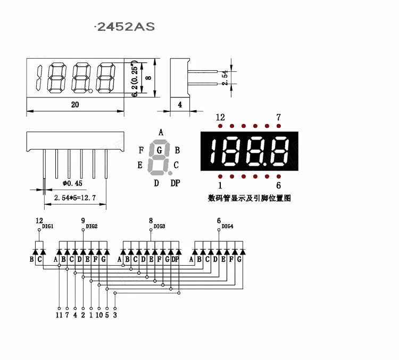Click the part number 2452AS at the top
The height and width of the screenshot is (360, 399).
[x=126, y=26]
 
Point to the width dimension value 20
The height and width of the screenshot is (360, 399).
[x=75, y=105]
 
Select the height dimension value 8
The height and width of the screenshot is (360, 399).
[x=148, y=78]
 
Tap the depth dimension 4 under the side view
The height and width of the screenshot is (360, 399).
[x=180, y=105]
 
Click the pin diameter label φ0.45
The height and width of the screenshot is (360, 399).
[x=72, y=183]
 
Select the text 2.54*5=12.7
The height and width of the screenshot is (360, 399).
[x=74, y=198]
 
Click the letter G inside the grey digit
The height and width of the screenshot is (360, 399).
[x=159, y=150]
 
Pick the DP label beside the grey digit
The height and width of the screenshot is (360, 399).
[x=175, y=183]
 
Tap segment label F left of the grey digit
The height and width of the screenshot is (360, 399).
[x=141, y=150]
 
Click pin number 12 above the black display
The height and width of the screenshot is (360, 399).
[x=220, y=117]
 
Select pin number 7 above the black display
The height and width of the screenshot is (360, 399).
[x=278, y=117]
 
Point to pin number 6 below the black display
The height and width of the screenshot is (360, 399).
[x=278, y=185]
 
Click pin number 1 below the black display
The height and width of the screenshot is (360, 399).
[x=220, y=185]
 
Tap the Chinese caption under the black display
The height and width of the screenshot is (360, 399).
[x=249, y=198]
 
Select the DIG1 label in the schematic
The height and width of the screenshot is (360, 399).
[x=48, y=226]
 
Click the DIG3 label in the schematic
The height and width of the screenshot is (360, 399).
[x=160, y=226]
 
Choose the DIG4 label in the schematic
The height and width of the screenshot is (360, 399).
[x=227, y=226]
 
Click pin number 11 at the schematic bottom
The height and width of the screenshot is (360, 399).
[x=59, y=315]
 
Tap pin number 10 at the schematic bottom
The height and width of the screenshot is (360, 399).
[x=99, y=315]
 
